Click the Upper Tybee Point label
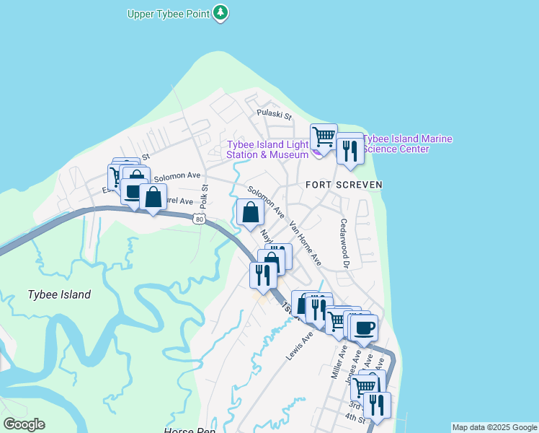coord(169,14)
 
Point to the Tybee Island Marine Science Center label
coord(407,144)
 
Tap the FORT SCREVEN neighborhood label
coord(343,185)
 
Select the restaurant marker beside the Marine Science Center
coord(350,149)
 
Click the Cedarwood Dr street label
coord(344,243)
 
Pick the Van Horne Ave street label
coord(305,242)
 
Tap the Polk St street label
coord(204,196)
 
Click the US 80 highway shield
coord(200,219)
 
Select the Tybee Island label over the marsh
coord(59,294)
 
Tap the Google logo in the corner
coord(24,424)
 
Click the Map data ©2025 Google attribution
coord(494,427)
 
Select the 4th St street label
coord(354,417)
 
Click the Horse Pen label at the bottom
coord(190,430)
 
